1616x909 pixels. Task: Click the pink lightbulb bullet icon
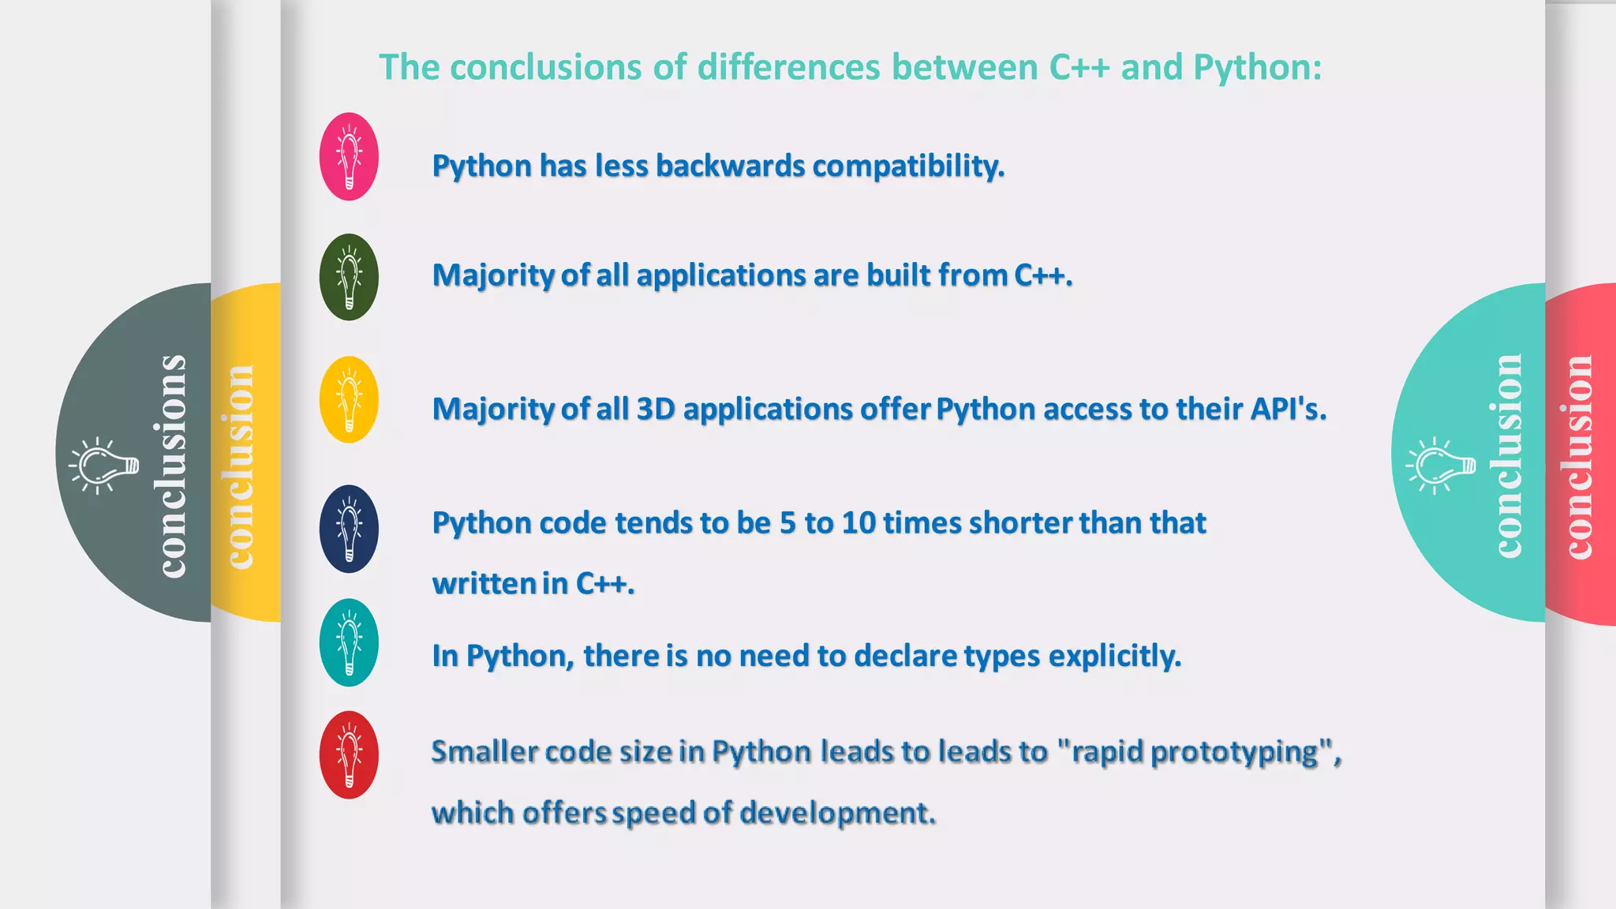(x=349, y=156)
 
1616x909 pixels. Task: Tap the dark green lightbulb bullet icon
(x=349, y=277)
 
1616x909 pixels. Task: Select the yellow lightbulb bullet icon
(x=349, y=399)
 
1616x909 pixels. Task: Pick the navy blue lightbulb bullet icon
(x=349, y=529)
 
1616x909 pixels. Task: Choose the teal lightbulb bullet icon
(x=349, y=642)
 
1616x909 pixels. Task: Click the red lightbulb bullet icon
(x=349, y=755)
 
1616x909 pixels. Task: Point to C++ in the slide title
(x=1079, y=68)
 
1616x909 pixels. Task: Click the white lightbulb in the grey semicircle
(x=103, y=466)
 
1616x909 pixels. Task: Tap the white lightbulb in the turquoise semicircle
(x=1439, y=466)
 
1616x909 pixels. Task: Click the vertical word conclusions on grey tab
(x=172, y=466)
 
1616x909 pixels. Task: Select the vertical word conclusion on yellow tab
(x=239, y=466)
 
